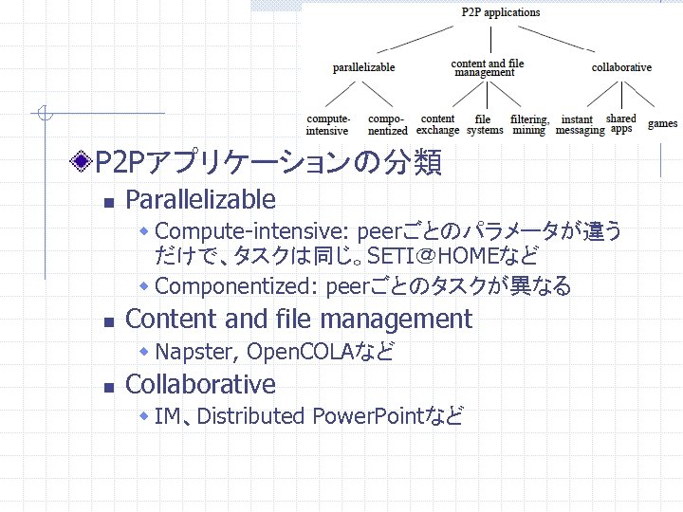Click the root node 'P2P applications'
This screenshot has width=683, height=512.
click(500, 12)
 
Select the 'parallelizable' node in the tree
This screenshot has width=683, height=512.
click(363, 67)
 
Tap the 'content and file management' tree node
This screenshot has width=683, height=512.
click(487, 68)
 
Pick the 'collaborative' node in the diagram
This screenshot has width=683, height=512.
click(621, 67)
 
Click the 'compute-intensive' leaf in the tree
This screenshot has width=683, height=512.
click(327, 125)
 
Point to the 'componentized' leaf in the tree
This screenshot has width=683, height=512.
click(387, 125)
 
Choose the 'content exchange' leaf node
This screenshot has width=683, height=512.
click(437, 125)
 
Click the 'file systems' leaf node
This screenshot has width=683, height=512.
click(484, 125)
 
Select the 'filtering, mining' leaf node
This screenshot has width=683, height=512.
click(529, 125)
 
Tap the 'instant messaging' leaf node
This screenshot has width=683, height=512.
click(579, 125)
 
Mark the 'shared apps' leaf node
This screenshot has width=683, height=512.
click(621, 123)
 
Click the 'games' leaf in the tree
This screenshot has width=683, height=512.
click(662, 123)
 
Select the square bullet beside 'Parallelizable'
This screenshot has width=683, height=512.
click(108, 202)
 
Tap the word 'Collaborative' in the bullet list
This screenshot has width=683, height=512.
click(200, 384)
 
